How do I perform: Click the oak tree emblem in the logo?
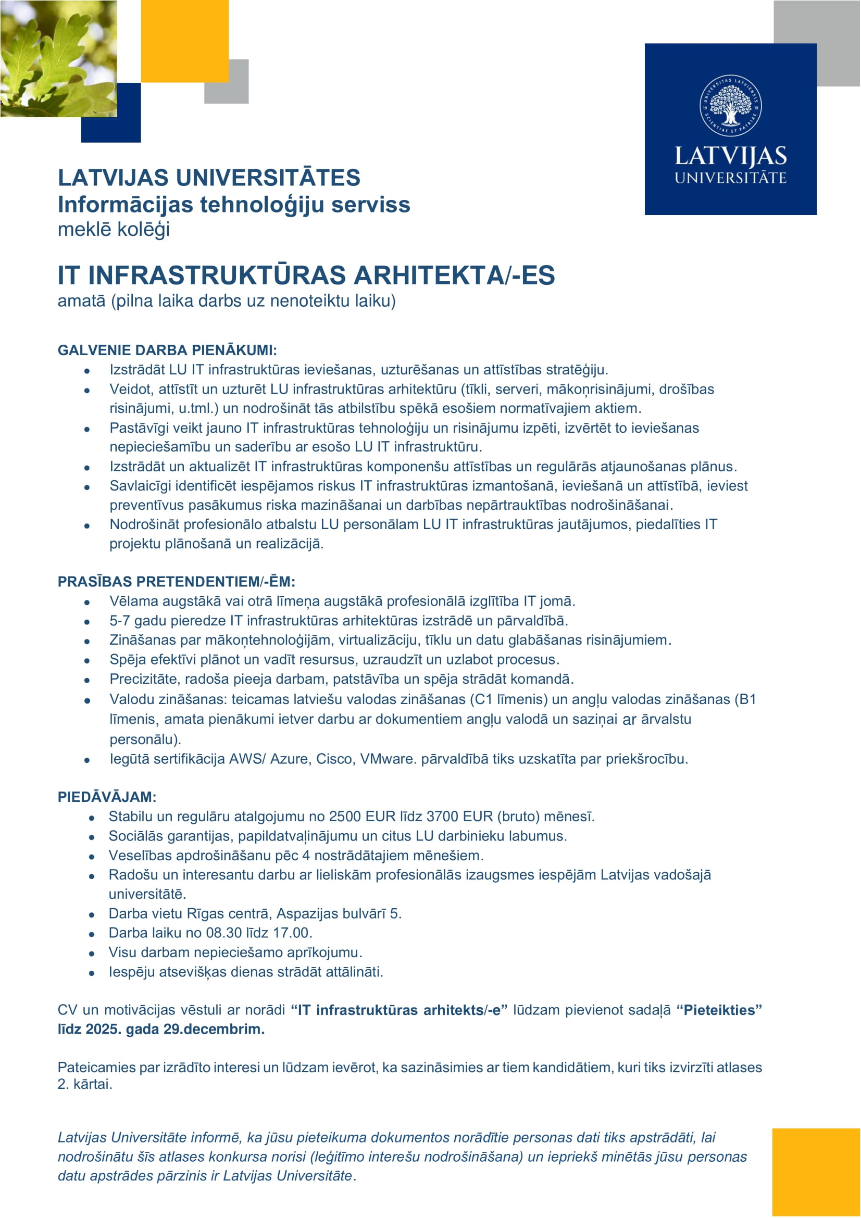(x=730, y=105)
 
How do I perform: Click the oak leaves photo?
(x=58, y=58)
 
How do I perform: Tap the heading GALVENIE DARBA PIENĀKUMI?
(x=167, y=350)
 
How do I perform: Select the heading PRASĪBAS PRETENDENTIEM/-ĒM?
(x=176, y=582)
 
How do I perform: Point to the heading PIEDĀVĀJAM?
(x=107, y=797)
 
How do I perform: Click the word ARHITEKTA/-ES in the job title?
(x=454, y=275)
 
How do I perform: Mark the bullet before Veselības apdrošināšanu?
(x=92, y=856)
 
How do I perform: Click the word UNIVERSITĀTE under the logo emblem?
(x=730, y=178)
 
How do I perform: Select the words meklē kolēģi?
(x=114, y=230)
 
